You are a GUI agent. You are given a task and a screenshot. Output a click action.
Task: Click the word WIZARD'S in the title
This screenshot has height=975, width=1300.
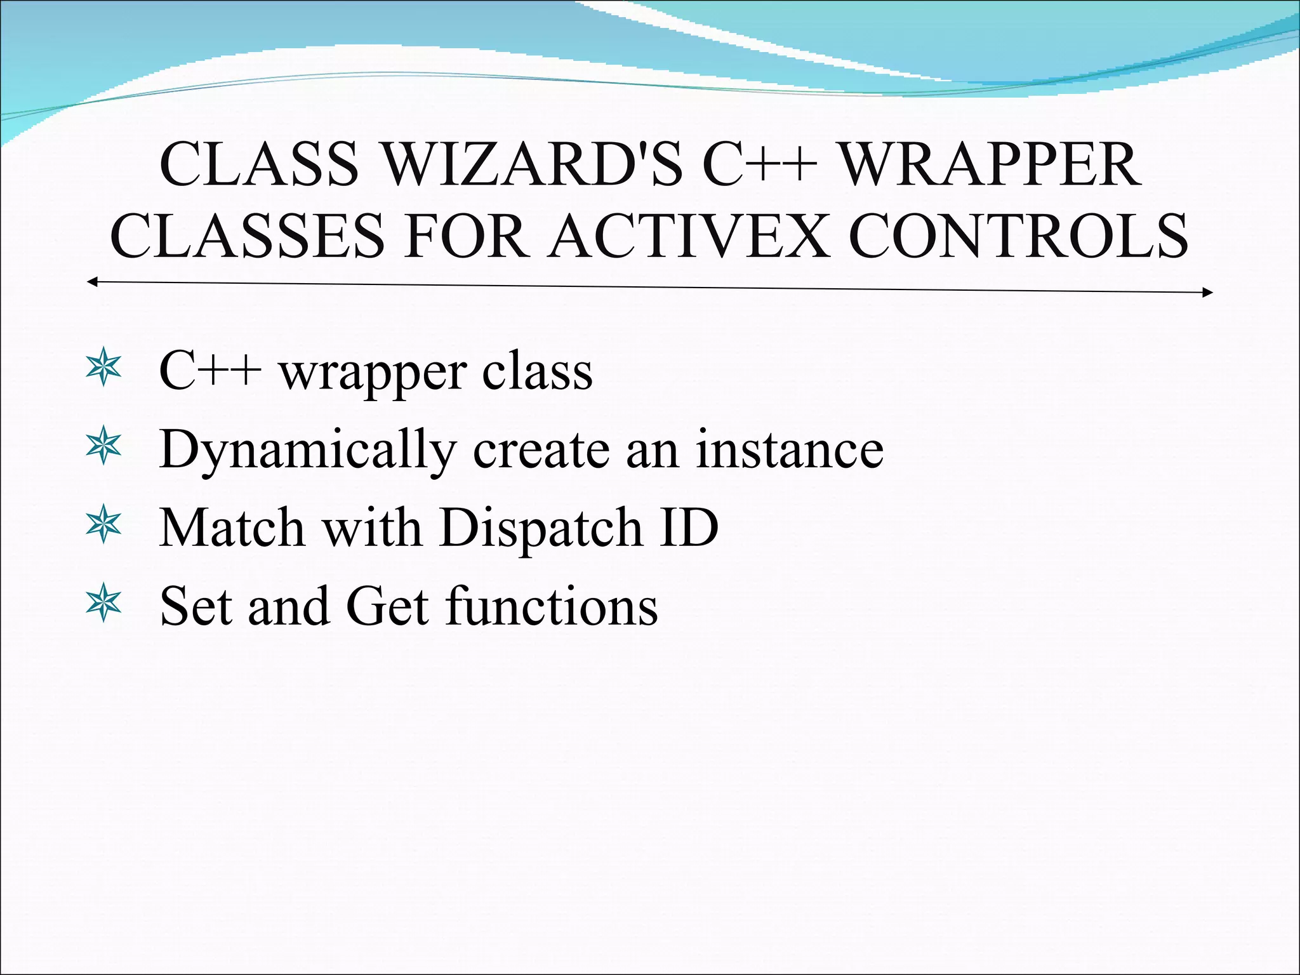tap(532, 164)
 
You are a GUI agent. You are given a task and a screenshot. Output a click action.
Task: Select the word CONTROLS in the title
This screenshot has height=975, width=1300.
tap(1018, 236)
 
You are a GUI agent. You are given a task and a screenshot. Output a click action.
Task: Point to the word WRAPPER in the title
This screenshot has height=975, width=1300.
tap(990, 164)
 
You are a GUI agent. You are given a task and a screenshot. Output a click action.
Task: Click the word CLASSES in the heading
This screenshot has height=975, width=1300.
tap(247, 236)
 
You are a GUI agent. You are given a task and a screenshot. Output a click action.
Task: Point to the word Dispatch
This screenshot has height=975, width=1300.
tap(540, 528)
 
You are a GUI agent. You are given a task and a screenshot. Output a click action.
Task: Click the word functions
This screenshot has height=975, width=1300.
tap(551, 606)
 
